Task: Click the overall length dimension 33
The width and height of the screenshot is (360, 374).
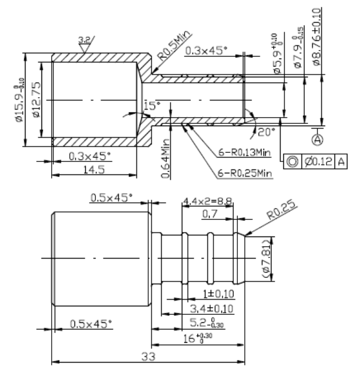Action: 148,356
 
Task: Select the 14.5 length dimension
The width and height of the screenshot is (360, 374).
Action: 94,169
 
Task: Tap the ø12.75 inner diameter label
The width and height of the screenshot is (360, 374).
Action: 36,99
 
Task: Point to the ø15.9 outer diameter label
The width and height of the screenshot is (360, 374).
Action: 19,99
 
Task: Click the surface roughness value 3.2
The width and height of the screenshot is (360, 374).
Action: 85,40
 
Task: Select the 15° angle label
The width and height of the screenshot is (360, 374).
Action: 152,106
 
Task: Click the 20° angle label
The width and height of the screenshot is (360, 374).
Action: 267,132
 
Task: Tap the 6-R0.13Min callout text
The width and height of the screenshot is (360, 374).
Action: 244,152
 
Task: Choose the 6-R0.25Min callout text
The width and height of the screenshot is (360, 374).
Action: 245,173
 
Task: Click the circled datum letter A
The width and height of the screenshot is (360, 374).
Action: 317,139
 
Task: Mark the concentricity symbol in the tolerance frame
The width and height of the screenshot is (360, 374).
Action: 292,161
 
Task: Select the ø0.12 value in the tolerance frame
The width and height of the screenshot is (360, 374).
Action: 319,161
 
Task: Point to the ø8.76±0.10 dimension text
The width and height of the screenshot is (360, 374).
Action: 317,37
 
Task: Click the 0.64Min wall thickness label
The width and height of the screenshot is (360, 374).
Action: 165,159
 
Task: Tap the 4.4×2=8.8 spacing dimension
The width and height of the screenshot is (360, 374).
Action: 207,202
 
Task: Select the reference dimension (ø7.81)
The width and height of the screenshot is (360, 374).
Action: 266,259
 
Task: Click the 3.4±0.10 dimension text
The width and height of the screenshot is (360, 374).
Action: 212,309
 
